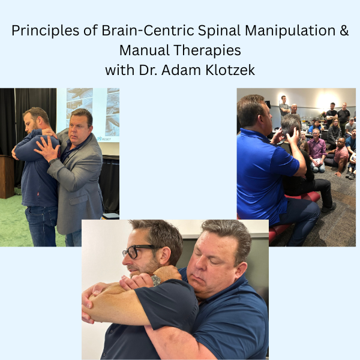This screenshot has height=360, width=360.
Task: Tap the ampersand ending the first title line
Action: [344, 31]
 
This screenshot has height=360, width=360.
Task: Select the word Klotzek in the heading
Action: [230, 70]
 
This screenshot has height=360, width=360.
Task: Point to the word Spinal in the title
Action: [219, 31]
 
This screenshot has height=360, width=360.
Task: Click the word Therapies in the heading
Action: [206, 50]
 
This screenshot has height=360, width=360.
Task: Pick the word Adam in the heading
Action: [181, 70]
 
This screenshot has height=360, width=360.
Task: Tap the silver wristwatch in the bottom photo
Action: [156, 280]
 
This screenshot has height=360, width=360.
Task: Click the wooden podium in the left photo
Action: [6, 176]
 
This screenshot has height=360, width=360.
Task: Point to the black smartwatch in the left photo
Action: [53, 161]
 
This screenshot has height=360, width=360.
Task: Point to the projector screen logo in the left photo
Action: [104, 139]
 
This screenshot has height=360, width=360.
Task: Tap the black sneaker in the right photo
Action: [328, 208]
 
